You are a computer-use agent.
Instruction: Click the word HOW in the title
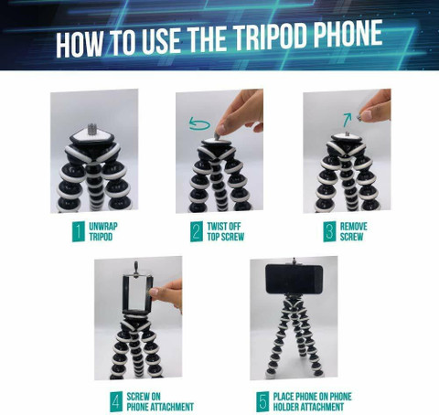click(x=80, y=43)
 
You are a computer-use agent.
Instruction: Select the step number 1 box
click(x=79, y=231)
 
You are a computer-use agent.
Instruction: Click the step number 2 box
click(x=197, y=231)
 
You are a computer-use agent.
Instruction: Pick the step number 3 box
click(x=329, y=231)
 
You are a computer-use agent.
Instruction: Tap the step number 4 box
click(x=116, y=401)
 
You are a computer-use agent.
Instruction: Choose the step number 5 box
click(x=262, y=401)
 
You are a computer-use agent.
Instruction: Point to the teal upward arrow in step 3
click(x=347, y=120)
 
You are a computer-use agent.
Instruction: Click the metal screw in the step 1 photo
click(x=92, y=129)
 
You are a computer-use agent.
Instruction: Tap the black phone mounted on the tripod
click(x=294, y=279)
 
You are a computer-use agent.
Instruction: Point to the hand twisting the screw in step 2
click(x=240, y=112)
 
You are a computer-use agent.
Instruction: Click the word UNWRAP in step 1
click(x=103, y=227)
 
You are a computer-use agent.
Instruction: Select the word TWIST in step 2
click(x=216, y=227)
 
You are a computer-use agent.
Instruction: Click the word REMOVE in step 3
click(x=354, y=227)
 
